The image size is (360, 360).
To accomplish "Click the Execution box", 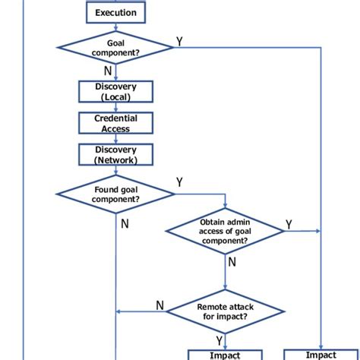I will click(115, 13).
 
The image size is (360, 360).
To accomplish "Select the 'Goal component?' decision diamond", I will click(115, 48).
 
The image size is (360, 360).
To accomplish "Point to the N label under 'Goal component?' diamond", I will click(107, 71).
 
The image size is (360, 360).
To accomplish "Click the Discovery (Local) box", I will click(115, 91).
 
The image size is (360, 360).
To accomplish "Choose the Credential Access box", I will click(115, 123).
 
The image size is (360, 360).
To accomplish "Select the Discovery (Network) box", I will click(115, 155).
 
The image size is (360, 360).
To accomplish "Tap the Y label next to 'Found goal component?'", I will click(179, 183).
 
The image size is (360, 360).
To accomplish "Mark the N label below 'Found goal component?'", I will click(125, 224).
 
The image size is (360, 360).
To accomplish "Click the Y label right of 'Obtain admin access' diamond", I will click(289, 224).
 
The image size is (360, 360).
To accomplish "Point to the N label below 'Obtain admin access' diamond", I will click(232, 261).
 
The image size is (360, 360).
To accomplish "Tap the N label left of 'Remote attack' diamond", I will click(159, 305).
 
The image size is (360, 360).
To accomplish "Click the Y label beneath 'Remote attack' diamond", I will click(219, 340).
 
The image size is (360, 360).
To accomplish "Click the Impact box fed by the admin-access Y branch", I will click(321, 355).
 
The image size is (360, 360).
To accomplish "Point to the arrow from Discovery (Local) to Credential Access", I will click(115, 107).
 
